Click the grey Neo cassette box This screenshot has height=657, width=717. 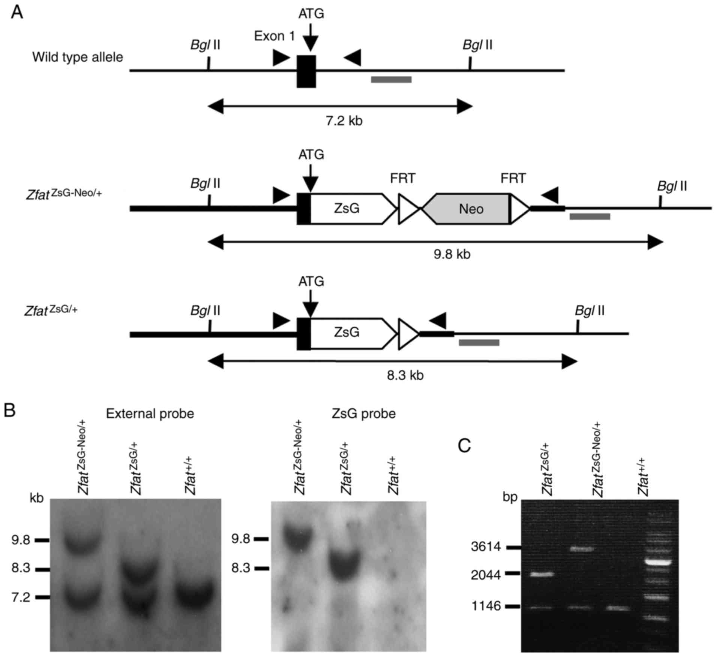point(471,209)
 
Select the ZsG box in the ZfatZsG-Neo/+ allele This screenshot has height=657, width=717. point(347,209)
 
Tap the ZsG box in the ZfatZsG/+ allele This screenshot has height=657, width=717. point(347,333)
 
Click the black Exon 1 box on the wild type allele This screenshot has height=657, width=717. point(306,71)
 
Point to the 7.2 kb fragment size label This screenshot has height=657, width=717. point(344,121)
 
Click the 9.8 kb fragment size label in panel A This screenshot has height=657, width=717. point(452,255)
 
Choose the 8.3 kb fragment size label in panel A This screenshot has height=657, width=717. point(405,375)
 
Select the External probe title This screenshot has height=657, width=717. point(150,414)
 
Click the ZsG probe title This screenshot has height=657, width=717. point(364,414)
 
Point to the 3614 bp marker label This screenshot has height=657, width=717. point(486,547)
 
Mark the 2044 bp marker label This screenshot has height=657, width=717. point(486,575)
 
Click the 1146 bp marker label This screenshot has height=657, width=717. point(486,606)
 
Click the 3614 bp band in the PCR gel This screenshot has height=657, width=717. point(582,549)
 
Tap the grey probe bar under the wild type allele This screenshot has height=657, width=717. point(391,79)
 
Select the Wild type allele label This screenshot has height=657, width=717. point(78,57)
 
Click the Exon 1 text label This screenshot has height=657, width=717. point(274,36)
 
